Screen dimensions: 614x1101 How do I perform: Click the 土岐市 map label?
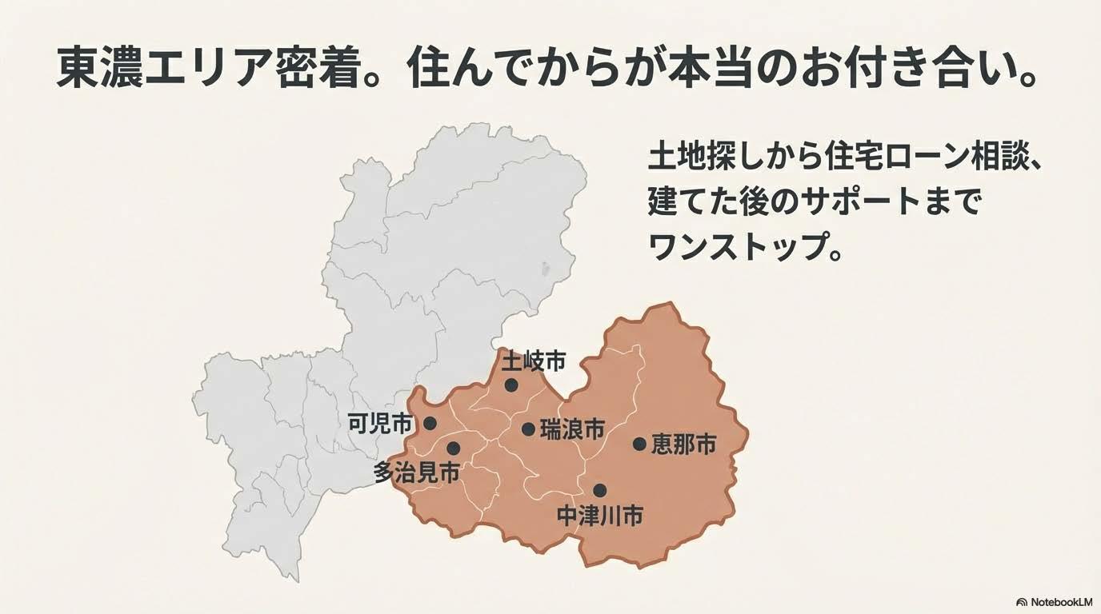coord(534,362)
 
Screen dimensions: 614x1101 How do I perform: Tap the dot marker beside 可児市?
coord(430,423)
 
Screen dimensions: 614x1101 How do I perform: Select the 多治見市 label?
coord(417,472)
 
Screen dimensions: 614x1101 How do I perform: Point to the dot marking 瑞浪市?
coord(528,429)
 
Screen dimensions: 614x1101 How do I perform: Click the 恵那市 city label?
coord(683,445)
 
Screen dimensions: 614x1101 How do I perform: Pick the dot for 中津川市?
coord(599,490)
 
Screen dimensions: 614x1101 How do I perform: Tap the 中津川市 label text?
coord(599,516)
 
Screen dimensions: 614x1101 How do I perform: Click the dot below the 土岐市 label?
coord(511,385)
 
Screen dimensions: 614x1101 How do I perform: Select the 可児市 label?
coord(380,424)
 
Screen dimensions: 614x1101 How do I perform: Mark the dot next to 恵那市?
coord(639,444)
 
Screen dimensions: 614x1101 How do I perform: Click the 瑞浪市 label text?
coord(572,429)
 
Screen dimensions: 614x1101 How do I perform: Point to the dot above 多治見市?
coord(454,449)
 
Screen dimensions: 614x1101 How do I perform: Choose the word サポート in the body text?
coord(869,203)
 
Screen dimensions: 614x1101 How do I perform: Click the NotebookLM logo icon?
coord(1021,601)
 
